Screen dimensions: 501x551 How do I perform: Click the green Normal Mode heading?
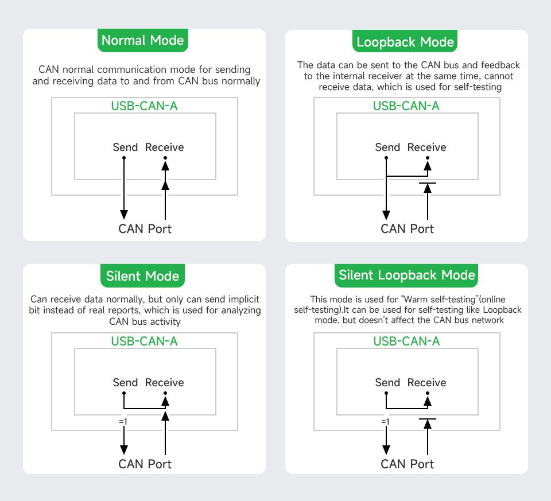[x=143, y=41]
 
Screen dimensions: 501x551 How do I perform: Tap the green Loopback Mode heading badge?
[x=405, y=42]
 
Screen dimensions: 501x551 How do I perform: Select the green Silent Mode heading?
[x=143, y=276]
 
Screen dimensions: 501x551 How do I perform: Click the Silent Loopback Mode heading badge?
[x=407, y=275]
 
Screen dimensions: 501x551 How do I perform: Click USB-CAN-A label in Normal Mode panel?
[x=144, y=106]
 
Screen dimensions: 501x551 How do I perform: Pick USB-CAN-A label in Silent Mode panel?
[x=144, y=341]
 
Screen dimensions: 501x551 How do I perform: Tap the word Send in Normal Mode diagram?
[x=125, y=147]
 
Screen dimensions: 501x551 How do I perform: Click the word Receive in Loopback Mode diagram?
[x=426, y=147]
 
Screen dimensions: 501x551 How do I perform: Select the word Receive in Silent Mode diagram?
[x=164, y=383]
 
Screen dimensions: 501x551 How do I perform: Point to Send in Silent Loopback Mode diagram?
[x=387, y=383]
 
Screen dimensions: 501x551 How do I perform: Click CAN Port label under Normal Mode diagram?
[x=145, y=229]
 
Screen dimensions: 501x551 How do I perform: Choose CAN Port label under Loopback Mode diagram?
[x=407, y=229]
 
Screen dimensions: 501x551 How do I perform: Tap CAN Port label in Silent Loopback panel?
[x=407, y=464]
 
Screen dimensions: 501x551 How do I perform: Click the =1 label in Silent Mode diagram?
[x=123, y=422]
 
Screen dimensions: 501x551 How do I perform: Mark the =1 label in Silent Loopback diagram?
[x=385, y=422]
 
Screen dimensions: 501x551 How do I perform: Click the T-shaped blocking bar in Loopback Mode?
[x=428, y=183]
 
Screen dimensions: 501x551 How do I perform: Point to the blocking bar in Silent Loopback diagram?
[x=428, y=419]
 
